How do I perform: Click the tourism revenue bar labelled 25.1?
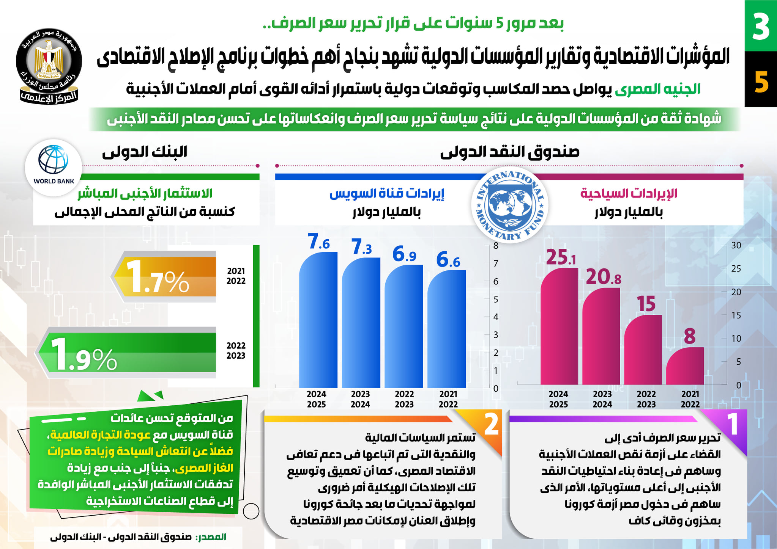[559, 326]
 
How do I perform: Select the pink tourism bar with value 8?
[685, 366]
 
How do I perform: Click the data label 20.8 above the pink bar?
[603, 277]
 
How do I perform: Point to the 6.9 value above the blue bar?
[404, 254]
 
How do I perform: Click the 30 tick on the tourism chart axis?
[736, 245]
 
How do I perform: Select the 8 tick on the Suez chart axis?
[496, 245]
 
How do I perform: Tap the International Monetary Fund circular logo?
[510, 205]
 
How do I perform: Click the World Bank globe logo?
[54, 160]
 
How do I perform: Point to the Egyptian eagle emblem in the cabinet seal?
[49, 59]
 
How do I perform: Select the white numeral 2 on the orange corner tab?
[491, 424]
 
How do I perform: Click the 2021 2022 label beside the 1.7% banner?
[236, 276]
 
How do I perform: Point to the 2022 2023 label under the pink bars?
[646, 399]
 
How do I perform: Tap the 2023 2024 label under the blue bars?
[360, 399]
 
